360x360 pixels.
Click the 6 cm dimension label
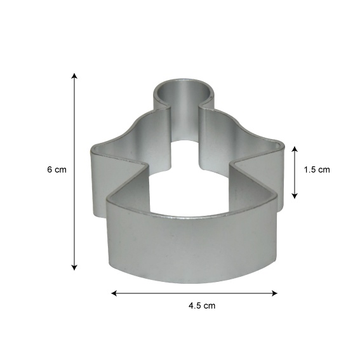click(57, 170)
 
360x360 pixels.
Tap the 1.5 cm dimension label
click(317, 170)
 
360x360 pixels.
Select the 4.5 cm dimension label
click(202, 306)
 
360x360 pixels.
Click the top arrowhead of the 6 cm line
click(74, 76)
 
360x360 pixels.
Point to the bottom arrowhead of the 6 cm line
click(74, 267)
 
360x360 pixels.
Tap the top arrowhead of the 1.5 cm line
click(295, 149)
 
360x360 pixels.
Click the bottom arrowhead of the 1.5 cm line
click(295, 196)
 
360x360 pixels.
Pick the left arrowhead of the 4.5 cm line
click(114, 293)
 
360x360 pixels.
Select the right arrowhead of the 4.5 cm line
click(274, 293)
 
